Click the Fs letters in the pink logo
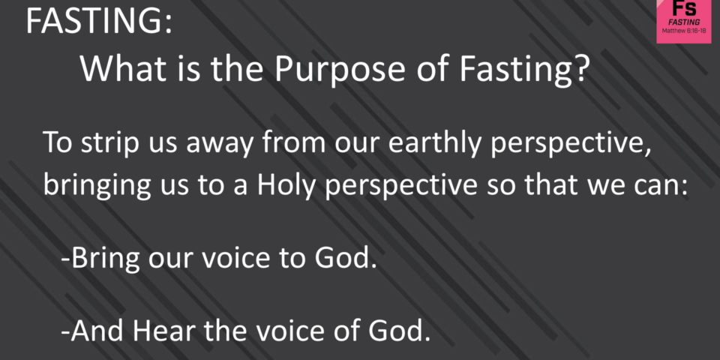pyautogui.click(x=684, y=8)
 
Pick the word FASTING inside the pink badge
pyautogui.click(x=684, y=22)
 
